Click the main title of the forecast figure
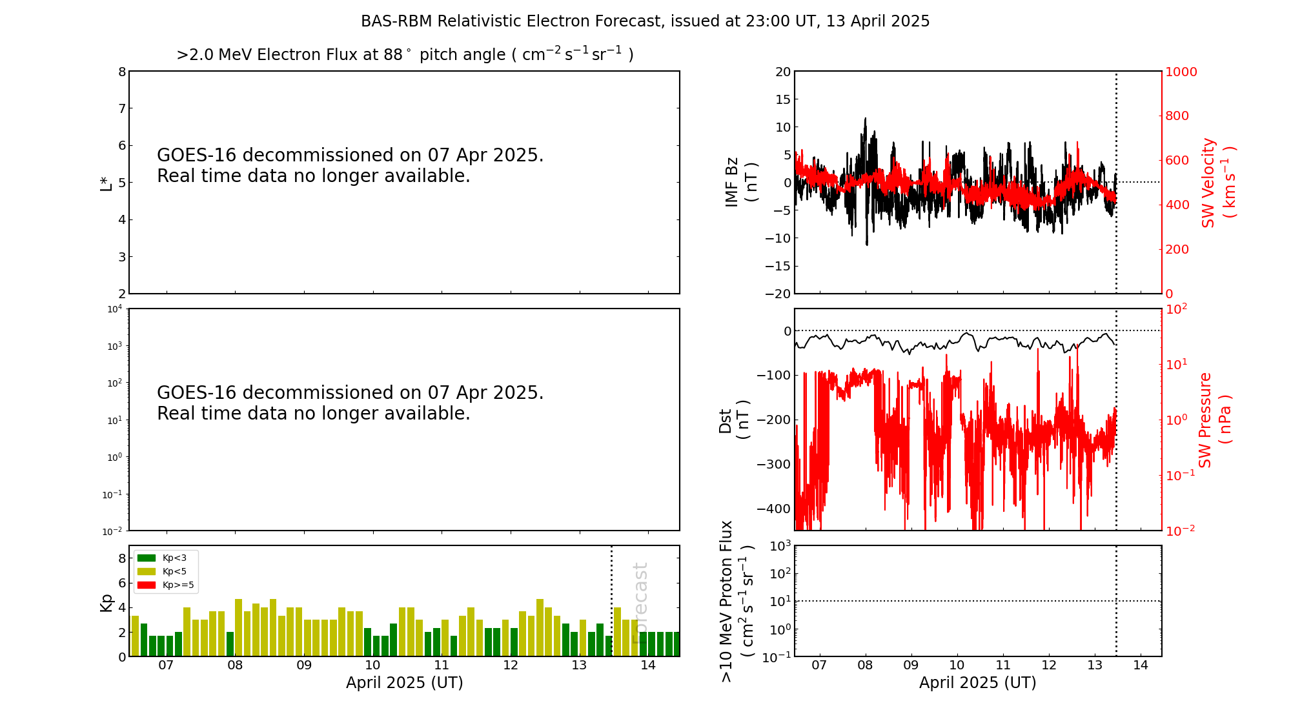coord(645,21)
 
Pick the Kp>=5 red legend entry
coord(165,585)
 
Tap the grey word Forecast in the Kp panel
coord(640,603)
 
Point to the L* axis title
coord(106,182)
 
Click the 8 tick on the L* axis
coord(121,72)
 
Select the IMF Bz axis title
coord(741,182)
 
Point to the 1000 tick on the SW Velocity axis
coord(1181,72)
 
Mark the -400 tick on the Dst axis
coord(774,509)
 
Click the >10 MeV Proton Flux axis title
coord(737,601)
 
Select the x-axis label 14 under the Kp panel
coord(648,665)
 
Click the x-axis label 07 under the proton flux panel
coord(819,665)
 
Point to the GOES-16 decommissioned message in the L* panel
coord(351,166)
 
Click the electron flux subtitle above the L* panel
coord(405,54)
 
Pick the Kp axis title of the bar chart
coord(107,602)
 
